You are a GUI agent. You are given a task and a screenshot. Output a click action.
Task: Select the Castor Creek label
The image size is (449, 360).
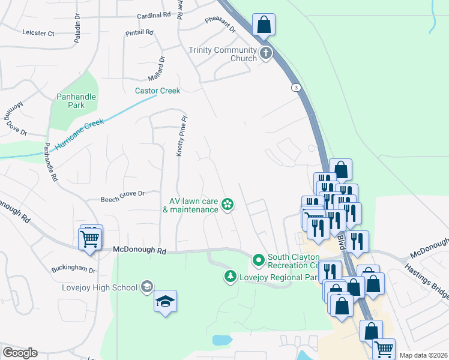click(157, 91)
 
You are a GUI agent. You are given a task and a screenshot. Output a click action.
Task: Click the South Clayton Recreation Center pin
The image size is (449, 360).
click(259, 260)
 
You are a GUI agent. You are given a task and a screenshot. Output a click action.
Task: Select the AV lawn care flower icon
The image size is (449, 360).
click(228, 205)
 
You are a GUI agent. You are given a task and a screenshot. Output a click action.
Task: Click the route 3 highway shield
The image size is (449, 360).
click(297, 88)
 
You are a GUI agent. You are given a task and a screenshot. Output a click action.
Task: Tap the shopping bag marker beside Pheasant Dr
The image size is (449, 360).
click(264, 25)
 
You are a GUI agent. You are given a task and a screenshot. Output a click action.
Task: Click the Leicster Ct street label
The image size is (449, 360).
click(38, 32)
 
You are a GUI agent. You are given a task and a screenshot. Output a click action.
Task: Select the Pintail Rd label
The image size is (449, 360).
click(139, 32)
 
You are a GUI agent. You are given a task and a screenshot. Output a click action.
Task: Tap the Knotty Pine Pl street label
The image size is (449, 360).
click(179, 136)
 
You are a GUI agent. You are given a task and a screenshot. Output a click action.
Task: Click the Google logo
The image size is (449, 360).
click(20, 353)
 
